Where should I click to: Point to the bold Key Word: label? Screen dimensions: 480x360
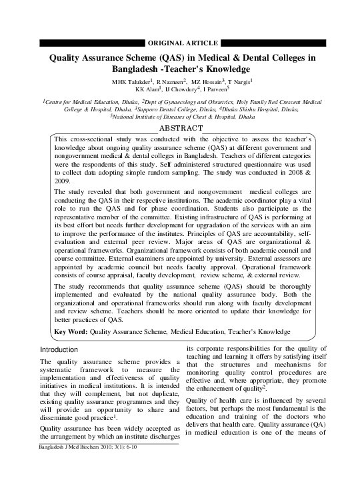(x=70, y=331)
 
